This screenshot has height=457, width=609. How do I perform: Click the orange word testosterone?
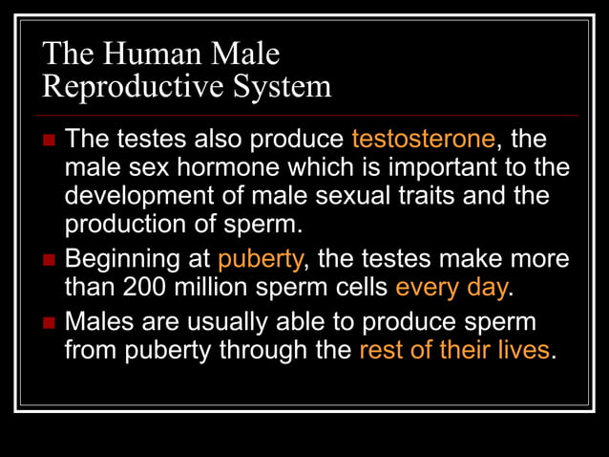[423, 140]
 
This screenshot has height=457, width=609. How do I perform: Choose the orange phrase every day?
[452, 287]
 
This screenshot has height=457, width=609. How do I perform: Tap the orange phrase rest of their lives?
[453, 350]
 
